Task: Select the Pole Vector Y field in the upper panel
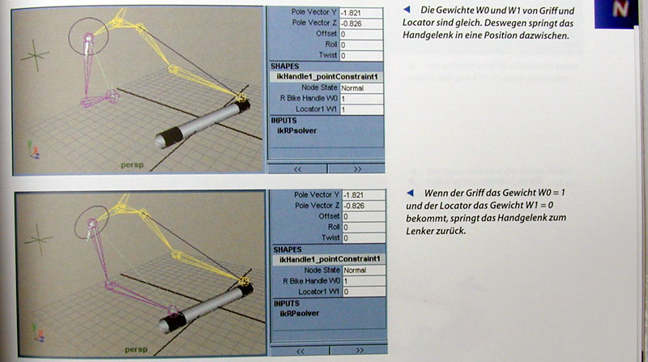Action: coord(360,13)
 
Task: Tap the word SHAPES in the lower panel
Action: coord(288,249)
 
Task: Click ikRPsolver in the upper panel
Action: coord(296,130)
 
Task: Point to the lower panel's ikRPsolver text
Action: coord(300,313)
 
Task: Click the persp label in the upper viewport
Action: coord(132,165)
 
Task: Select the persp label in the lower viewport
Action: coord(136,350)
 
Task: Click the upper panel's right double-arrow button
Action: coord(357,169)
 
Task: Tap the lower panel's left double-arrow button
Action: coord(300,351)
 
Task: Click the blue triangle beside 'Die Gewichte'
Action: coord(407,9)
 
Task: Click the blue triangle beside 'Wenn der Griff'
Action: coord(410,193)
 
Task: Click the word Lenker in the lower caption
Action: coord(419,231)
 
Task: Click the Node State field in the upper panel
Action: coord(361,88)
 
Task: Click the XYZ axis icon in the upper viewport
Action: coord(34,150)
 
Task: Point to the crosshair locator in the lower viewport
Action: coord(38,239)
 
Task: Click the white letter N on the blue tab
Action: coord(620,9)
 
